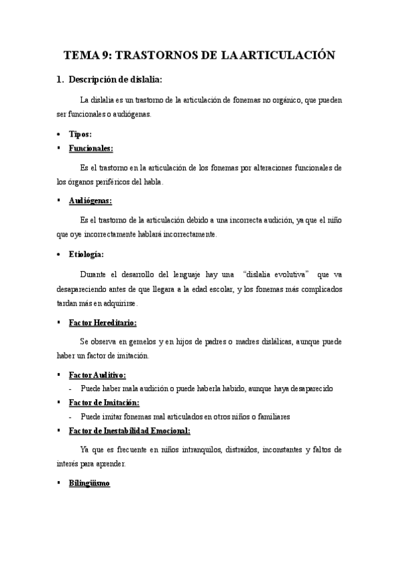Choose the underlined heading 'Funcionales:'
pos(91,148)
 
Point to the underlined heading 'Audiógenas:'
pos(91,201)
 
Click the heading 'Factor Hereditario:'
pos(103,322)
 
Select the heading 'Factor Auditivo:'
pos(97,375)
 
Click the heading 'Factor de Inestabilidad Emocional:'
pos(130,430)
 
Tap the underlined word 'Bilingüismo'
pos(90,482)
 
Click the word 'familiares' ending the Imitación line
pos(272,416)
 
